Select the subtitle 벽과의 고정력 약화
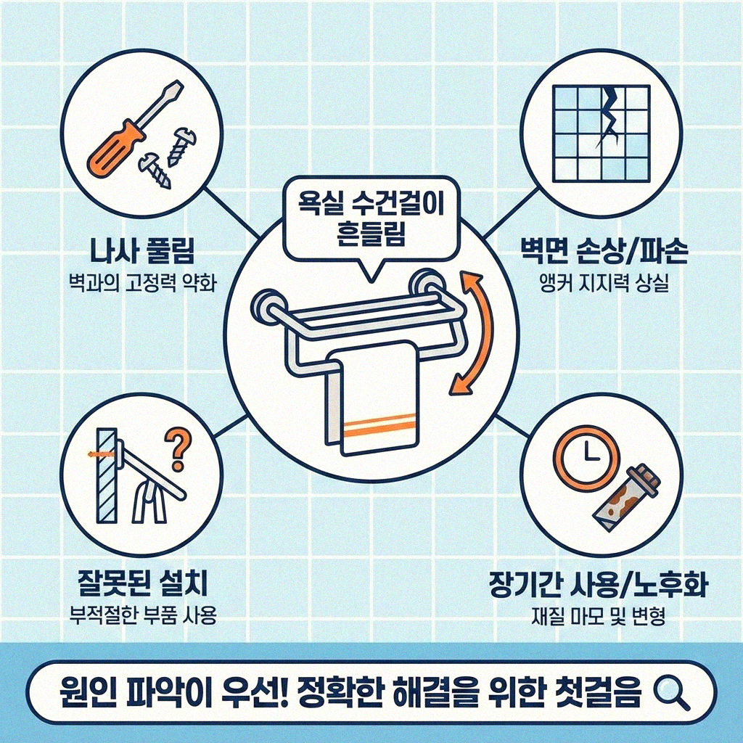pos(139,282)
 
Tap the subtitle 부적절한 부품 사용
pos(139,615)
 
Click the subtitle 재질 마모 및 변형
pos(599,617)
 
